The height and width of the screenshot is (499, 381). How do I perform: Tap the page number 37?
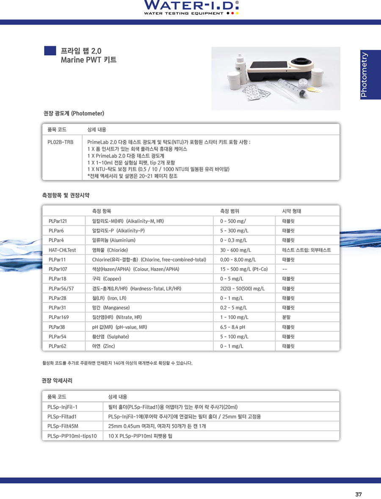tap(358, 494)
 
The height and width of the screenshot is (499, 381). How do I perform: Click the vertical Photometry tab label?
tap(364, 75)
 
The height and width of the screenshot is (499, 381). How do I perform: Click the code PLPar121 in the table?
tap(58, 221)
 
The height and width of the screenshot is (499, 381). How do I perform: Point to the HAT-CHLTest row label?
tap(62, 250)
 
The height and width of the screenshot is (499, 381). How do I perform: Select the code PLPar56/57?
tap(61, 288)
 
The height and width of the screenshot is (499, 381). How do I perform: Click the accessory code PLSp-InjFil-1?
tap(63, 407)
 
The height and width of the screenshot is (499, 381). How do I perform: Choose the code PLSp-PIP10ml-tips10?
tap(72, 436)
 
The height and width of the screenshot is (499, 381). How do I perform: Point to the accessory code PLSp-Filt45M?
tap(63, 426)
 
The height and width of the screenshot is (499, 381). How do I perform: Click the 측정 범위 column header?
tap(230, 211)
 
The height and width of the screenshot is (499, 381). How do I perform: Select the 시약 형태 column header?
tap(292, 211)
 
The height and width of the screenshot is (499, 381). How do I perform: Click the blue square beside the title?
tap(50, 50)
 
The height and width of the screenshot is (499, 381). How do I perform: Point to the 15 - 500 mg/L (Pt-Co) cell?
tap(244, 269)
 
